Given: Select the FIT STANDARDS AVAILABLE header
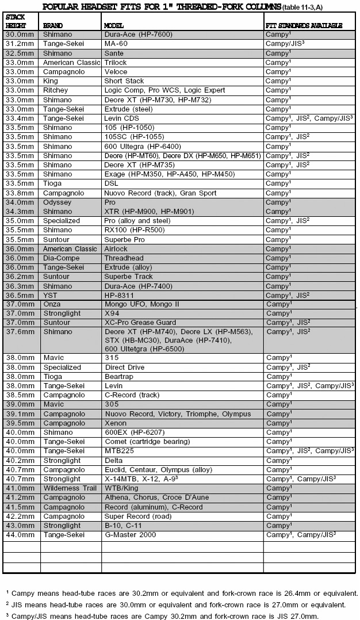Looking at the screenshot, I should tap(304, 26).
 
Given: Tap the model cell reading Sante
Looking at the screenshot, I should tap(114, 53).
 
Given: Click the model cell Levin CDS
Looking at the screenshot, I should tap(121, 118).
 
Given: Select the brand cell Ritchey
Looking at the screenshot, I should tap(55, 90).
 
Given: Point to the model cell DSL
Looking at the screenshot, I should tap(111, 183).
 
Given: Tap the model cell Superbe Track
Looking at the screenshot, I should tap(128, 277).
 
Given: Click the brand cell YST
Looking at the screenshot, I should tap(50, 295).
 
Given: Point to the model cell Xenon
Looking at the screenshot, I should tap(114, 423).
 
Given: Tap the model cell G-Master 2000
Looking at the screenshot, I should tap(130, 535).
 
